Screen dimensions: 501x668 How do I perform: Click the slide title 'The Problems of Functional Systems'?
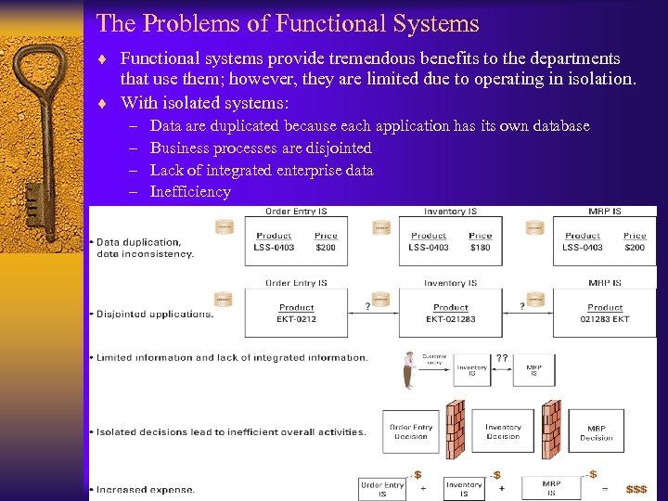288,23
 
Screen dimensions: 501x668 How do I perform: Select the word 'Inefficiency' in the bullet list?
190,192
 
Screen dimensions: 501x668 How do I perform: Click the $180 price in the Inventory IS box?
480,248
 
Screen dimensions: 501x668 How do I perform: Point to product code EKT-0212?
297,319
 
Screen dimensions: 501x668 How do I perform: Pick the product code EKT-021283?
451,319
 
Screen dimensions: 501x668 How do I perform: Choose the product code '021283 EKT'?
605,319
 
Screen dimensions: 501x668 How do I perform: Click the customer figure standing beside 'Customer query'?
407,370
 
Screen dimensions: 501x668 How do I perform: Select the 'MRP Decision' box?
597,431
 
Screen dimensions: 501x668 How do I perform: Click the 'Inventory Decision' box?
503,431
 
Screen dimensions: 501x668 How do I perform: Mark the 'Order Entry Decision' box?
410,431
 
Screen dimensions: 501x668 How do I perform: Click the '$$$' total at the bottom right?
636,489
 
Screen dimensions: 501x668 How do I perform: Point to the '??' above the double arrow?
502,357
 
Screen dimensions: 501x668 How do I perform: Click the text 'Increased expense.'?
146,489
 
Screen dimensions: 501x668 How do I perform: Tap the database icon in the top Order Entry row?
224,226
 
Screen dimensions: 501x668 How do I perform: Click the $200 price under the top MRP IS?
635,248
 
